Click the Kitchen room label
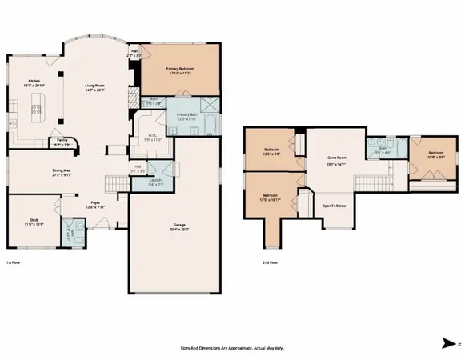[x=35, y=82]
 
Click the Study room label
[x=30, y=222]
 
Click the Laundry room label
[x=157, y=181]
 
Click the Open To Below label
[x=334, y=206]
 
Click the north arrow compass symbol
[x=450, y=343]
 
